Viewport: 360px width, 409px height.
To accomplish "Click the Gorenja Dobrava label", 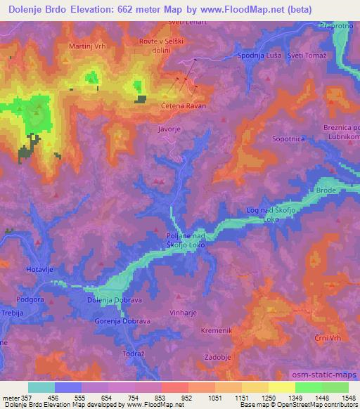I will click(122, 321).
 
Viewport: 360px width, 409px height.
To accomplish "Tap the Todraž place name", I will click(134, 353).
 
